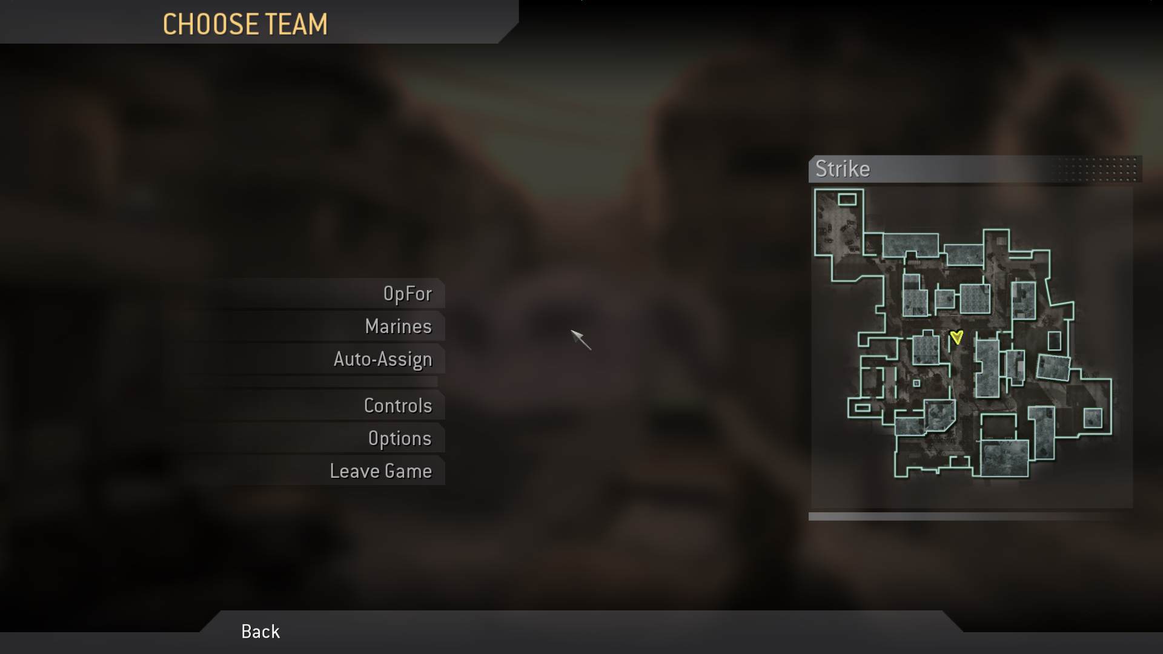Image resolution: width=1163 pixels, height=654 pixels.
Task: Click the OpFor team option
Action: [x=407, y=294]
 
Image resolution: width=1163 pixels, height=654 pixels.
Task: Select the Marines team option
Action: [x=398, y=326]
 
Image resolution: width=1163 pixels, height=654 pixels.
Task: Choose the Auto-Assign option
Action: [x=383, y=359]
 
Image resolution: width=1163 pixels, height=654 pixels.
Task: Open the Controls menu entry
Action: [x=397, y=406]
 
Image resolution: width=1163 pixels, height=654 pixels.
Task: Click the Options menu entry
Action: [x=399, y=438]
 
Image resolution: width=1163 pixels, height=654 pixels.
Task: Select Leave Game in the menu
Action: [x=380, y=471]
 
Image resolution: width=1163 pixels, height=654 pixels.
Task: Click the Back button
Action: [x=260, y=632]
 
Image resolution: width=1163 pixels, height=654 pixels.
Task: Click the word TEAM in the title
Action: [x=297, y=25]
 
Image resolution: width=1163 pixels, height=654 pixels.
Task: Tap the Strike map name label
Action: [x=842, y=169]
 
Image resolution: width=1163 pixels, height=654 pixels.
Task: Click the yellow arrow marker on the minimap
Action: [x=956, y=337]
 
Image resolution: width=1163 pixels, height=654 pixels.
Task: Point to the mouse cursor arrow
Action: [x=580, y=339]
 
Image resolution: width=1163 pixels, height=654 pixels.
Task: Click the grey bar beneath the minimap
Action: [x=969, y=517]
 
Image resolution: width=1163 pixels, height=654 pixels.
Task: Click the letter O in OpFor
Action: [x=389, y=294]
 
